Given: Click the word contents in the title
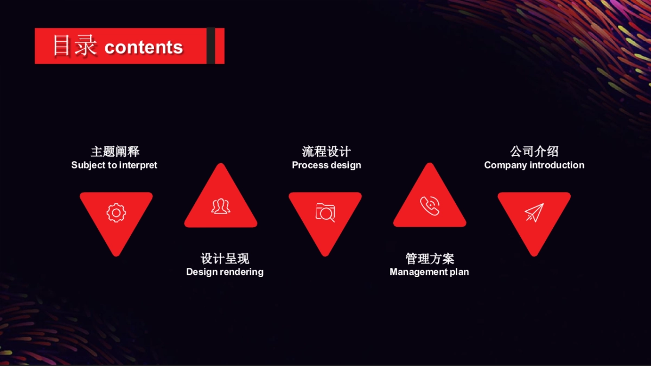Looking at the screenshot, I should coord(144,47).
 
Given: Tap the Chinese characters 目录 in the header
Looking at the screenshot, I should coord(74,46).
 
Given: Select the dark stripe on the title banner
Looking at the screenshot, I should coord(210,46).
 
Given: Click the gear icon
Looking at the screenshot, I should coord(116,213).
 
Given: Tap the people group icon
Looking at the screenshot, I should coord(220,206).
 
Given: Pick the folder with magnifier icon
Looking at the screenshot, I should coord(325,212).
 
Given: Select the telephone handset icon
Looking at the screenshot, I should coord(430,206).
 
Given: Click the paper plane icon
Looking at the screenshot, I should coord(534,213).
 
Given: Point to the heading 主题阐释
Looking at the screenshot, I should coord(115,152).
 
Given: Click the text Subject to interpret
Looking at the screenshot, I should coord(114,165).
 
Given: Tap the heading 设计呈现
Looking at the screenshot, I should coord(225,259).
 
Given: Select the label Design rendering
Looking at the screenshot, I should coord(225,272).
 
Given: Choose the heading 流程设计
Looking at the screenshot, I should coord(327,152).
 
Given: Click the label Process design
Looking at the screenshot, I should coord(327,165).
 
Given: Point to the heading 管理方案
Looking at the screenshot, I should coord(430,259).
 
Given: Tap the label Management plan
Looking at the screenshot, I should coord(429,272).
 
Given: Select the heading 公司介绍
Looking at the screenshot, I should coord(534,152).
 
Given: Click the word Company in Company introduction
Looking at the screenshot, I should coord(506,165).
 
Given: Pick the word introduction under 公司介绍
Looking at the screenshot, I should coord(557,165).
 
